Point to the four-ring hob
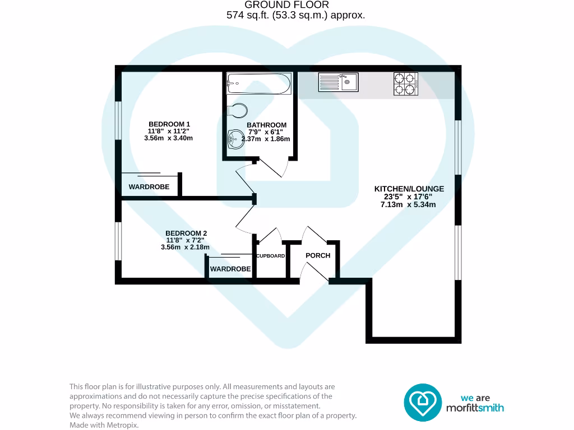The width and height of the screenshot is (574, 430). [406, 83]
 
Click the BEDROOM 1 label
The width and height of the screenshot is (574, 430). [169, 124]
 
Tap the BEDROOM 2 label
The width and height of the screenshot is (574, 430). [186, 233]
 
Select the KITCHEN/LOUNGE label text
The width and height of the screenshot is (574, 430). [409, 189]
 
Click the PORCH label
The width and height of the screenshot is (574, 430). [318, 255]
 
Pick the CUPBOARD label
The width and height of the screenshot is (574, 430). [271, 256]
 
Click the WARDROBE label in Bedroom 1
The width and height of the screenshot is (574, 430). [149, 187]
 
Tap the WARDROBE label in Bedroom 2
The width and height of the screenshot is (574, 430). [230, 269]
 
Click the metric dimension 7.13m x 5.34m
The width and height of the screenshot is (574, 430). [408, 205]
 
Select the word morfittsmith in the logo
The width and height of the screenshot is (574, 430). [474, 408]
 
